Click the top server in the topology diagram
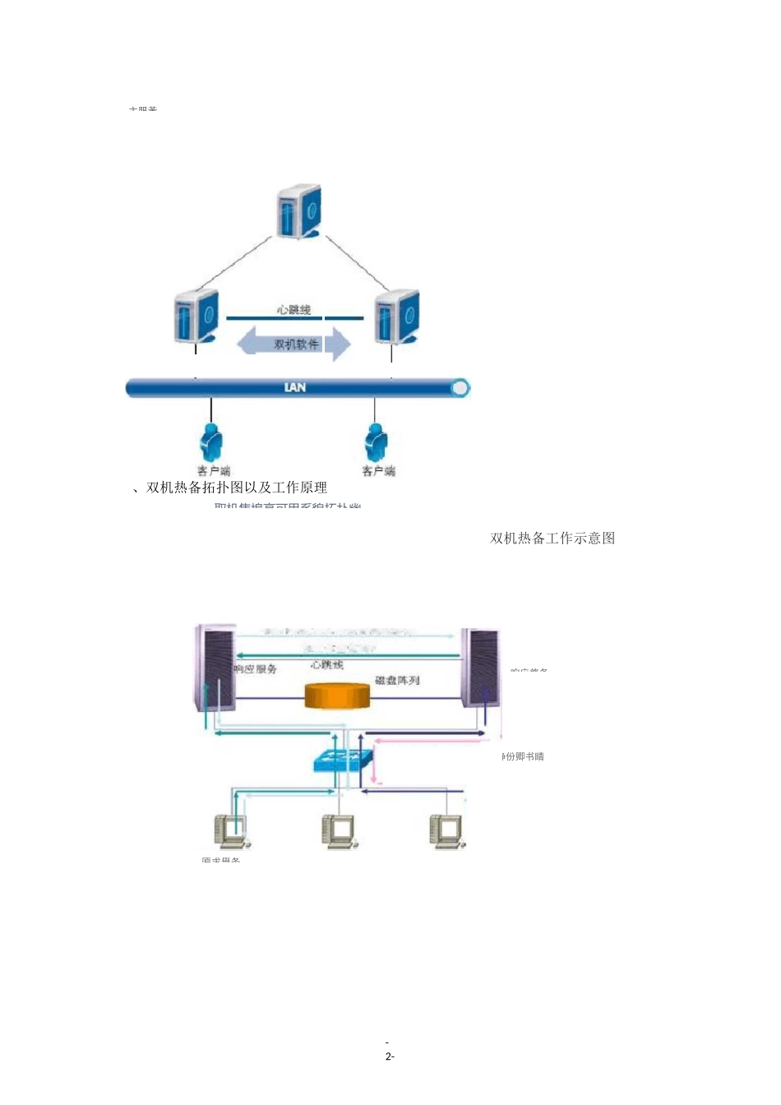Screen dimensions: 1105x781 (298, 212)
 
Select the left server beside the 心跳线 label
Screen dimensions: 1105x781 (196, 317)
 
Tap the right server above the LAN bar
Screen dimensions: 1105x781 (397, 317)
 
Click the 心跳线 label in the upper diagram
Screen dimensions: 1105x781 (293, 310)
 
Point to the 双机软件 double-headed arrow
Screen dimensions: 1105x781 (294, 344)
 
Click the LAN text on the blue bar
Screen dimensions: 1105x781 (294, 387)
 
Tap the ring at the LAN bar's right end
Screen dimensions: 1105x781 (460, 387)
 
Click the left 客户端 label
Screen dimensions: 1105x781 (214, 471)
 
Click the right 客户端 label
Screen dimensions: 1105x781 (378, 471)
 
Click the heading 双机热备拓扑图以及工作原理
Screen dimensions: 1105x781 (237, 488)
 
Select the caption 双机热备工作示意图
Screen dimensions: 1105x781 (552, 539)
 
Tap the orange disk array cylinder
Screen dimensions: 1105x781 (337, 696)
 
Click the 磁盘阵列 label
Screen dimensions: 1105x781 (397, 680)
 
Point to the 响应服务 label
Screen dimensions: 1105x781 (256, 669)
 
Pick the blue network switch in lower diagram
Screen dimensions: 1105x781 (343, 759)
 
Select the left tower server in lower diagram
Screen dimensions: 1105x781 (215, 668)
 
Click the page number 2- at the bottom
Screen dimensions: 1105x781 (390, 1056)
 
